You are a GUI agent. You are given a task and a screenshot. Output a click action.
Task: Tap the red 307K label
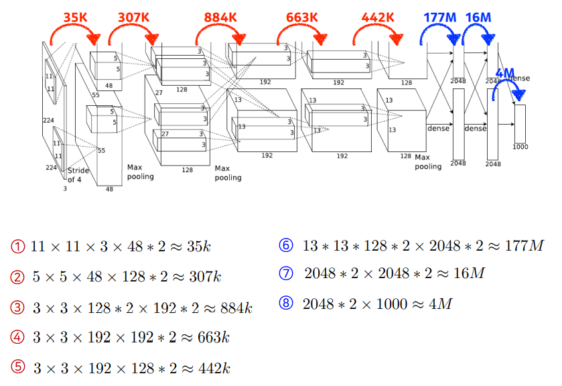click(x=133, y=16)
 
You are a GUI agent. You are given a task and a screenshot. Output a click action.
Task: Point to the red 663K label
click(x=301, y=16)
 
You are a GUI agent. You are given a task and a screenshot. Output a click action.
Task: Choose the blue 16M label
click(x=478, y=17)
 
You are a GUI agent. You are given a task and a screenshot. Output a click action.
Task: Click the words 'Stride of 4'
click(x=78, y=175)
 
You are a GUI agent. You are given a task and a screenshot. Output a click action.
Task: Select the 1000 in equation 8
click(x=389, y=304)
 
